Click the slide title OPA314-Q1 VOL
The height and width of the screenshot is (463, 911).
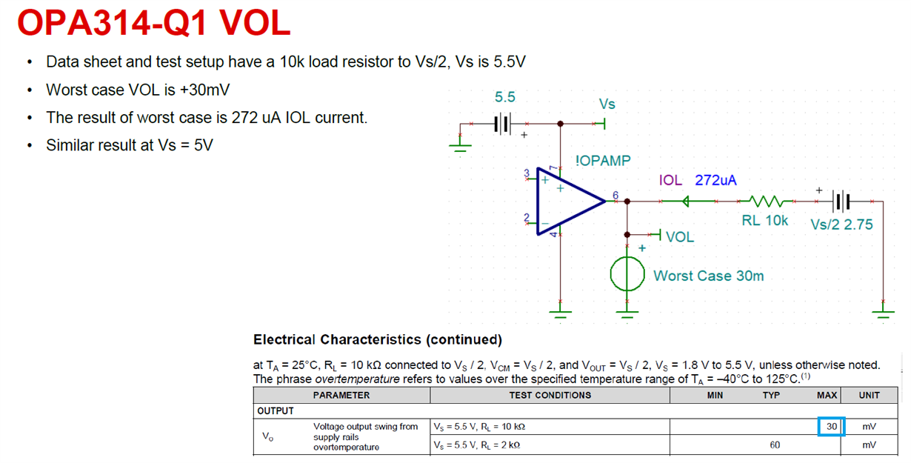click(153, 24)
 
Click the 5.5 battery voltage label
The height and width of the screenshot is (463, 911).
click(505, 97)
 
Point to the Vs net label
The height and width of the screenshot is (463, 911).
click(607, 104)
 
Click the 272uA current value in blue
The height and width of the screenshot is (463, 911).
click(715, 180)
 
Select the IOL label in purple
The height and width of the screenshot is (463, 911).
click(670, 180)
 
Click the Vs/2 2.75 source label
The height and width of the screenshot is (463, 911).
click(841, 224)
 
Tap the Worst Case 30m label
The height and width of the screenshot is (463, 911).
click(708, 276)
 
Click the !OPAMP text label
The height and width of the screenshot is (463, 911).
click(603, 161)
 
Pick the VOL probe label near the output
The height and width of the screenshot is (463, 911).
click(680, 237)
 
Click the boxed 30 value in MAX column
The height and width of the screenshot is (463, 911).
click(832, 427)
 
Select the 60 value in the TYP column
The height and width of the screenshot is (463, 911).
click(775, 445)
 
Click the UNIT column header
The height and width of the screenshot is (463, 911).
click(869, 395)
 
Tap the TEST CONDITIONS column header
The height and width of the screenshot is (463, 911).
click(550, 395)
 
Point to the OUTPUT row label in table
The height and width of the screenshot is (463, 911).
click(276, 410)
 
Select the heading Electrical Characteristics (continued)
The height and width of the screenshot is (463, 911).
click(378, 339)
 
